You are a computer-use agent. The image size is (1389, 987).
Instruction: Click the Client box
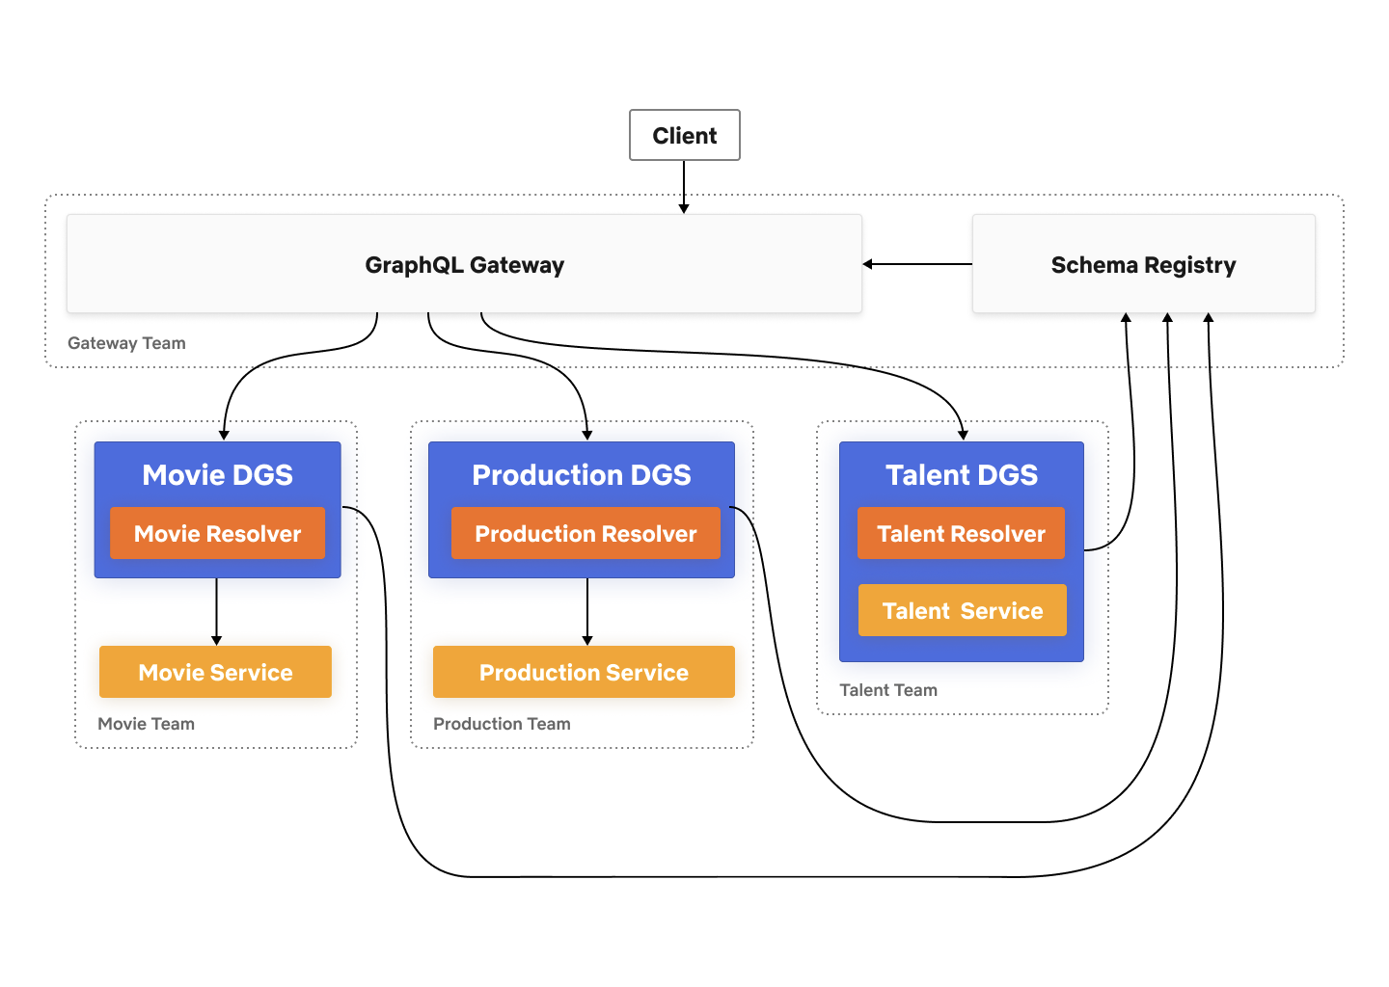click(x=684, y=135)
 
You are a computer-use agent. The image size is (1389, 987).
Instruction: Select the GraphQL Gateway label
click(x=464, y=265)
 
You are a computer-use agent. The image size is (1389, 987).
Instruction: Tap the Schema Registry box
click(x=1143, y=265)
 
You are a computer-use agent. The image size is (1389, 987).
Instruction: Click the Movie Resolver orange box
click(x=217, y=533)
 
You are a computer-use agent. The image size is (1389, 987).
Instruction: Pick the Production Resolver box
click(x=586, y=533)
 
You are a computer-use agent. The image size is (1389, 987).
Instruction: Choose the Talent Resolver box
click(x=961, y=533)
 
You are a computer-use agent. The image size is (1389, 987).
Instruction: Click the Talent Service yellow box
click(x=962, y=610)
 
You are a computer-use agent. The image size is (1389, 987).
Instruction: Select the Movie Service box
click(x=215, y=672)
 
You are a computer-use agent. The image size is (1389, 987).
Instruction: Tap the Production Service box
click(x=584, y=672)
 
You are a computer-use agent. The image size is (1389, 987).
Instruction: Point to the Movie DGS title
click(x=217, y=474)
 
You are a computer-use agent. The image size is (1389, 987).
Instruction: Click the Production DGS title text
click(x=582, y=474)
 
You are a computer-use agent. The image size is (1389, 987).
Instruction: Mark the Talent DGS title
click(x=962, y=474)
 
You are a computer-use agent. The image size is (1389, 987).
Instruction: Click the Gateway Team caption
click(x=126, y=343)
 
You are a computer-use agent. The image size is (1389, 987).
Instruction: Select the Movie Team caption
click(x=146, y=724)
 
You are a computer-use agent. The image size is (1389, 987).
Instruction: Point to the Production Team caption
click(x=502, y=724)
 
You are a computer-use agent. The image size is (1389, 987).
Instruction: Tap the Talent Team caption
click(x=888, y=690)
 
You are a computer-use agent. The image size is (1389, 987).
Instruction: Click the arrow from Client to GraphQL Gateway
click(x=684, y=186)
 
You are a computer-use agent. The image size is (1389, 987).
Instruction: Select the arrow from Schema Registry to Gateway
click(x=916, y=264)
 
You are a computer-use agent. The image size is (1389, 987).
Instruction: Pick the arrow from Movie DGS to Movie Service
click(x=216, y=611)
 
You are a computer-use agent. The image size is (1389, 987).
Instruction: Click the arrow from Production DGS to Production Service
click(x=587, y=611)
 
